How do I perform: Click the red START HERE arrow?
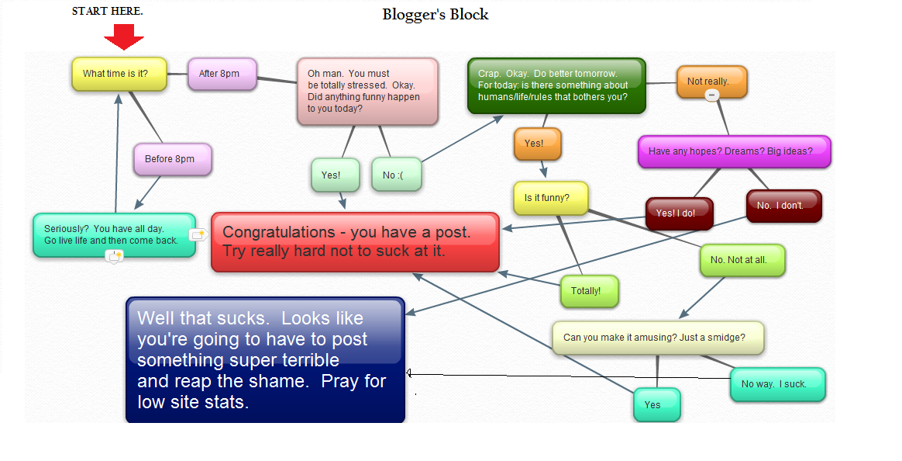(x=124, y=36)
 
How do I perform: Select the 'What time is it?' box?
(x=119, y=74)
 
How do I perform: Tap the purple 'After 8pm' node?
(x=222, y=74)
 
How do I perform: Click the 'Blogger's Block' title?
(x=436, y=15)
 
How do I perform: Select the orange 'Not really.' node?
(x=711, y=81)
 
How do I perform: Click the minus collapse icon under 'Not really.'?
(x=712, y=95)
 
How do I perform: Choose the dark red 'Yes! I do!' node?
(x=680, y=213)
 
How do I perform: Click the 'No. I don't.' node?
(x=783, y=206)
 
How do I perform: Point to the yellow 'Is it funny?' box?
(x=550, y=198)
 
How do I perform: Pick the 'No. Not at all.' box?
(x=742, y=260)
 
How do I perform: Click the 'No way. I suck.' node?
(x=777, y=384)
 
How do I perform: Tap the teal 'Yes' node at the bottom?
(x=656, y=404)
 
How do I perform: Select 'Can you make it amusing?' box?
(x=657, y=338)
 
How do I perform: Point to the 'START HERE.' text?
(x=108, y=11)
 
